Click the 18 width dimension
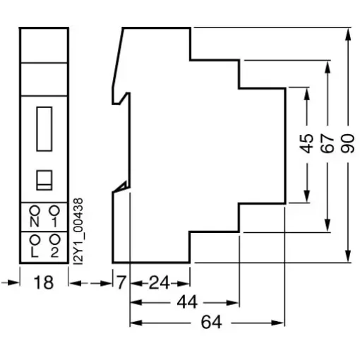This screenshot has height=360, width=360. (x=44, y=282)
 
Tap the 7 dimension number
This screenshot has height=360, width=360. (x=121, y=282)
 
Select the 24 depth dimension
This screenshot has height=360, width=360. (x=160, y=283)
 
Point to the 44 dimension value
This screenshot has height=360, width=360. (x=187, y=302)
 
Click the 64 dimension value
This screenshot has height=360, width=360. (x=211, y=322)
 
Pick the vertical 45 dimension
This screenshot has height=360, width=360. (x=306, y=143)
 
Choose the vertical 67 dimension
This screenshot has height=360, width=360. (x=328, y=143)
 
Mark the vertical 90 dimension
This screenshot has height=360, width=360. (x=348, y=143)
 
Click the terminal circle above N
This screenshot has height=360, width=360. (x=35, y=210)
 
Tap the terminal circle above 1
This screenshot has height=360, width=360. (x=54, y=210)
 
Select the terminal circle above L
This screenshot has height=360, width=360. (x=35, y=240)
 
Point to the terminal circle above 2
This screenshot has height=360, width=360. (x=54, y=240)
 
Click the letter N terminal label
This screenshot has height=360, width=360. (x=35, y=222)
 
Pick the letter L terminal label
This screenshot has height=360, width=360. (x=35, y=253)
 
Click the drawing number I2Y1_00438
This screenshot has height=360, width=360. (x=78, y=232)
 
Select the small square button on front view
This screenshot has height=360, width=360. (x=44, y=180)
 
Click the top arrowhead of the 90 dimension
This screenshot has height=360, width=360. (x=348, y=34)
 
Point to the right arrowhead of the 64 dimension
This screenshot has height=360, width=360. (x=277, y=323)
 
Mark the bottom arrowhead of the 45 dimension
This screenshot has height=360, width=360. (x=306, y=196)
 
